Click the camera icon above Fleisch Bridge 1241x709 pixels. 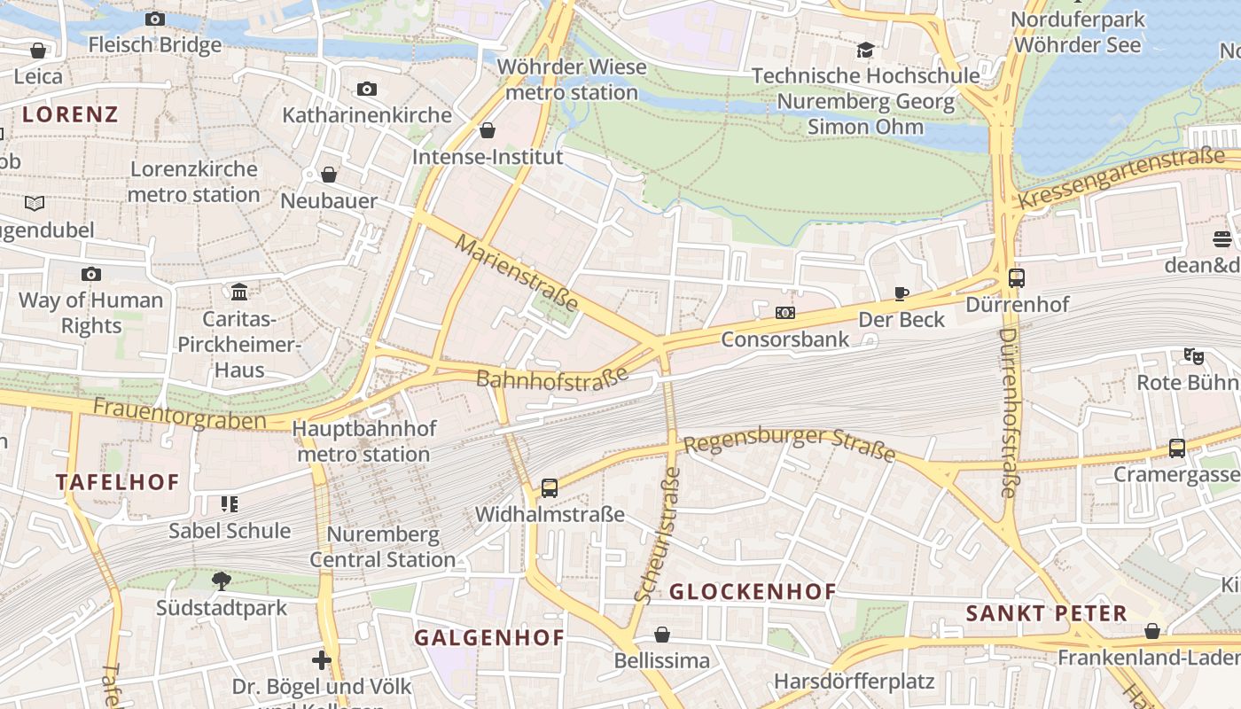tap(155, 19)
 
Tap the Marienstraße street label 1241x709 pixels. tap(517, 273)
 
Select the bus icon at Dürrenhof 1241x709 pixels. tap(1017, 278)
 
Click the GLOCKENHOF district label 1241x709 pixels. tap(753, 592)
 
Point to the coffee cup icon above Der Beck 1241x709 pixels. tap(901, 293)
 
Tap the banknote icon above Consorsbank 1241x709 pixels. tap(784, 313)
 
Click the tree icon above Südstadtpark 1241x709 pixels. tap(222, 581)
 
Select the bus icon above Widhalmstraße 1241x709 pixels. tap(550, 488)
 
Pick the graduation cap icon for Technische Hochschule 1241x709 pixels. tap(865, 50)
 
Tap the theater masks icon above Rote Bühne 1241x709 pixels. tap(1194, 356)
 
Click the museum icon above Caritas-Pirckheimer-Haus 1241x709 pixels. tap(239, 292)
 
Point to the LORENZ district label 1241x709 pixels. tap(70, 114)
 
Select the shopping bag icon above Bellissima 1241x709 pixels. tap(662, 635)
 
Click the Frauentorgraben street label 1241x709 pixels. tap(179, 414)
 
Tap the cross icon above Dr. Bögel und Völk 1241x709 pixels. tap(322, 660)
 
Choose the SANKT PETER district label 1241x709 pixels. tap(1046, 613)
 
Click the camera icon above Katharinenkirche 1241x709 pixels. tap(367, 89)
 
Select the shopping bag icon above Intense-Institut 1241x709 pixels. tap(488, 131)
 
